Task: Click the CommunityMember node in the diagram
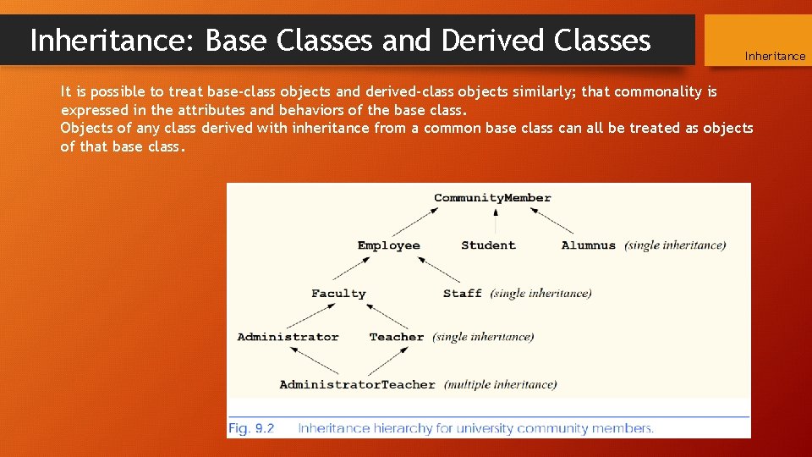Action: point(492,198)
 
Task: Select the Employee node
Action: point(388,245)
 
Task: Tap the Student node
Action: point(488,245)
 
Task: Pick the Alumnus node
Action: point(588,245)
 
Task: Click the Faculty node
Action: point(338,294)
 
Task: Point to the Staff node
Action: point(462,294)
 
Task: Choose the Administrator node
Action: point(288,337)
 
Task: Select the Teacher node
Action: point(396,337)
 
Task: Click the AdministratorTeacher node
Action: point(357,384)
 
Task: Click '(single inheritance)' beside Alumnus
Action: point(675,245)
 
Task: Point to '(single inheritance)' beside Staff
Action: point(540,294)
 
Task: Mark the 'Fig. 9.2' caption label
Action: point(251,428)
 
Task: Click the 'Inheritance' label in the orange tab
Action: point(775,56)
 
